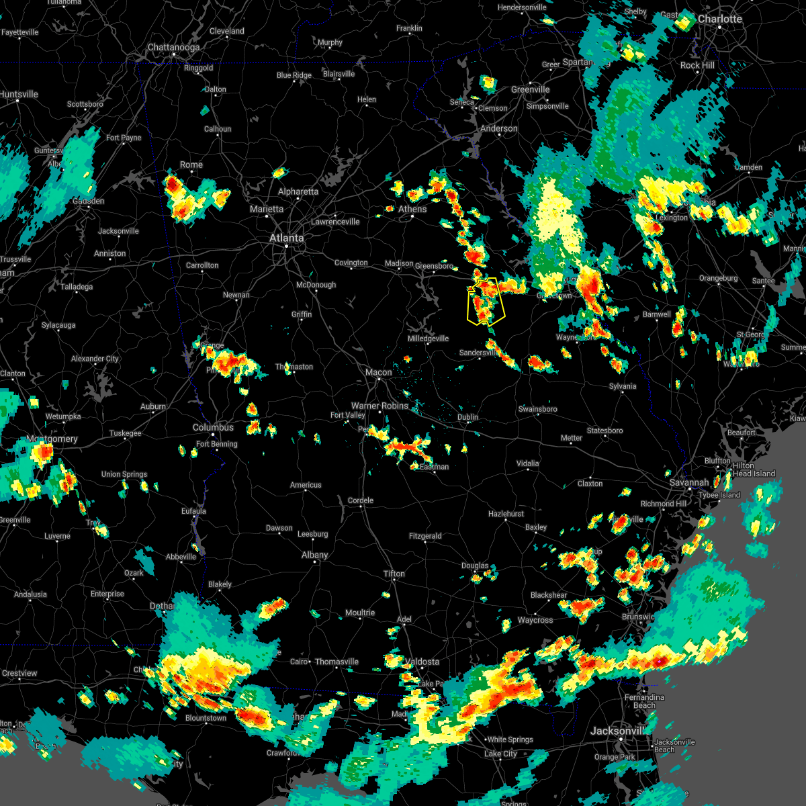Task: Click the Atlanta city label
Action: [x=286, y=238]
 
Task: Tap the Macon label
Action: [x=378, y=372]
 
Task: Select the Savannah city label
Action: [x=688, y=482]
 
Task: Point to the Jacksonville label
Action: [x=617, y=731]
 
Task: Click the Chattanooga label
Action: [x=173, y=48]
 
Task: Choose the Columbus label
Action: [x=213, y=427]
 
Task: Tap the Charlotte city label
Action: [x=720, y=19]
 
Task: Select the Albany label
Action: [x=314, y=555]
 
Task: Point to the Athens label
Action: [x=412, y=209]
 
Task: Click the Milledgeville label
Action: [x=428, y=339]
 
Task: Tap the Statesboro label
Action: [x=604, y=431]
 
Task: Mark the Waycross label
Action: [x=535, y=620]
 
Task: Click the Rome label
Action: [x=191, y=165]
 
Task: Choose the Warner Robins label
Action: [x=379, y=406]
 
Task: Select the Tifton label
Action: [x=394, y=574]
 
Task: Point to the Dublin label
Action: [x=467, y=417]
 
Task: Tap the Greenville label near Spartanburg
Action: [x=530, y=89]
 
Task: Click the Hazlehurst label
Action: [x=506, y=514]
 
